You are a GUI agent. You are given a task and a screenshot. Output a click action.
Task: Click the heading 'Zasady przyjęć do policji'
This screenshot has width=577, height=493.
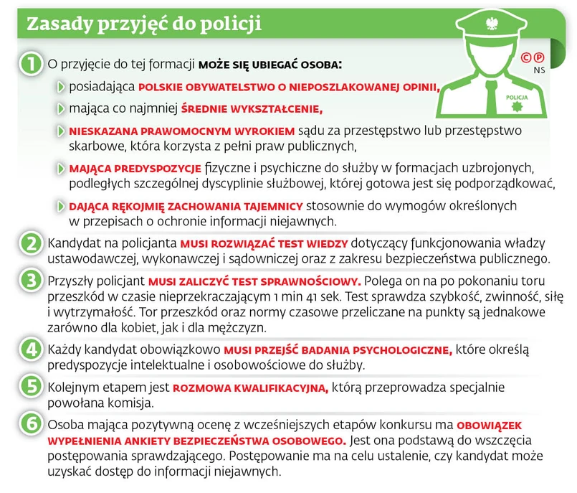pyautogui.click(x=144, y=23)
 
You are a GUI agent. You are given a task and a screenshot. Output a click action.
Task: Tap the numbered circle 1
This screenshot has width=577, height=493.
pyautogui.click(x=31, y=63)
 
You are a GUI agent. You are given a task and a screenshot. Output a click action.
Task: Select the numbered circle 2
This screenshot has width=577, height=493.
pyautogui.click(x=30, y=243)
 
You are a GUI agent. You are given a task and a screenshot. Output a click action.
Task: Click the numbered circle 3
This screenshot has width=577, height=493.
pyautogui.click(x=30, y=280)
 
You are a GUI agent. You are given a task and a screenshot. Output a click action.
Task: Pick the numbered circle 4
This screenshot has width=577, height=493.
pyautogui.click(x=30, y=349)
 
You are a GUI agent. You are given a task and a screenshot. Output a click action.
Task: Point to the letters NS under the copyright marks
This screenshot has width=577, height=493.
pyautogui.click(x=538, y=70)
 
